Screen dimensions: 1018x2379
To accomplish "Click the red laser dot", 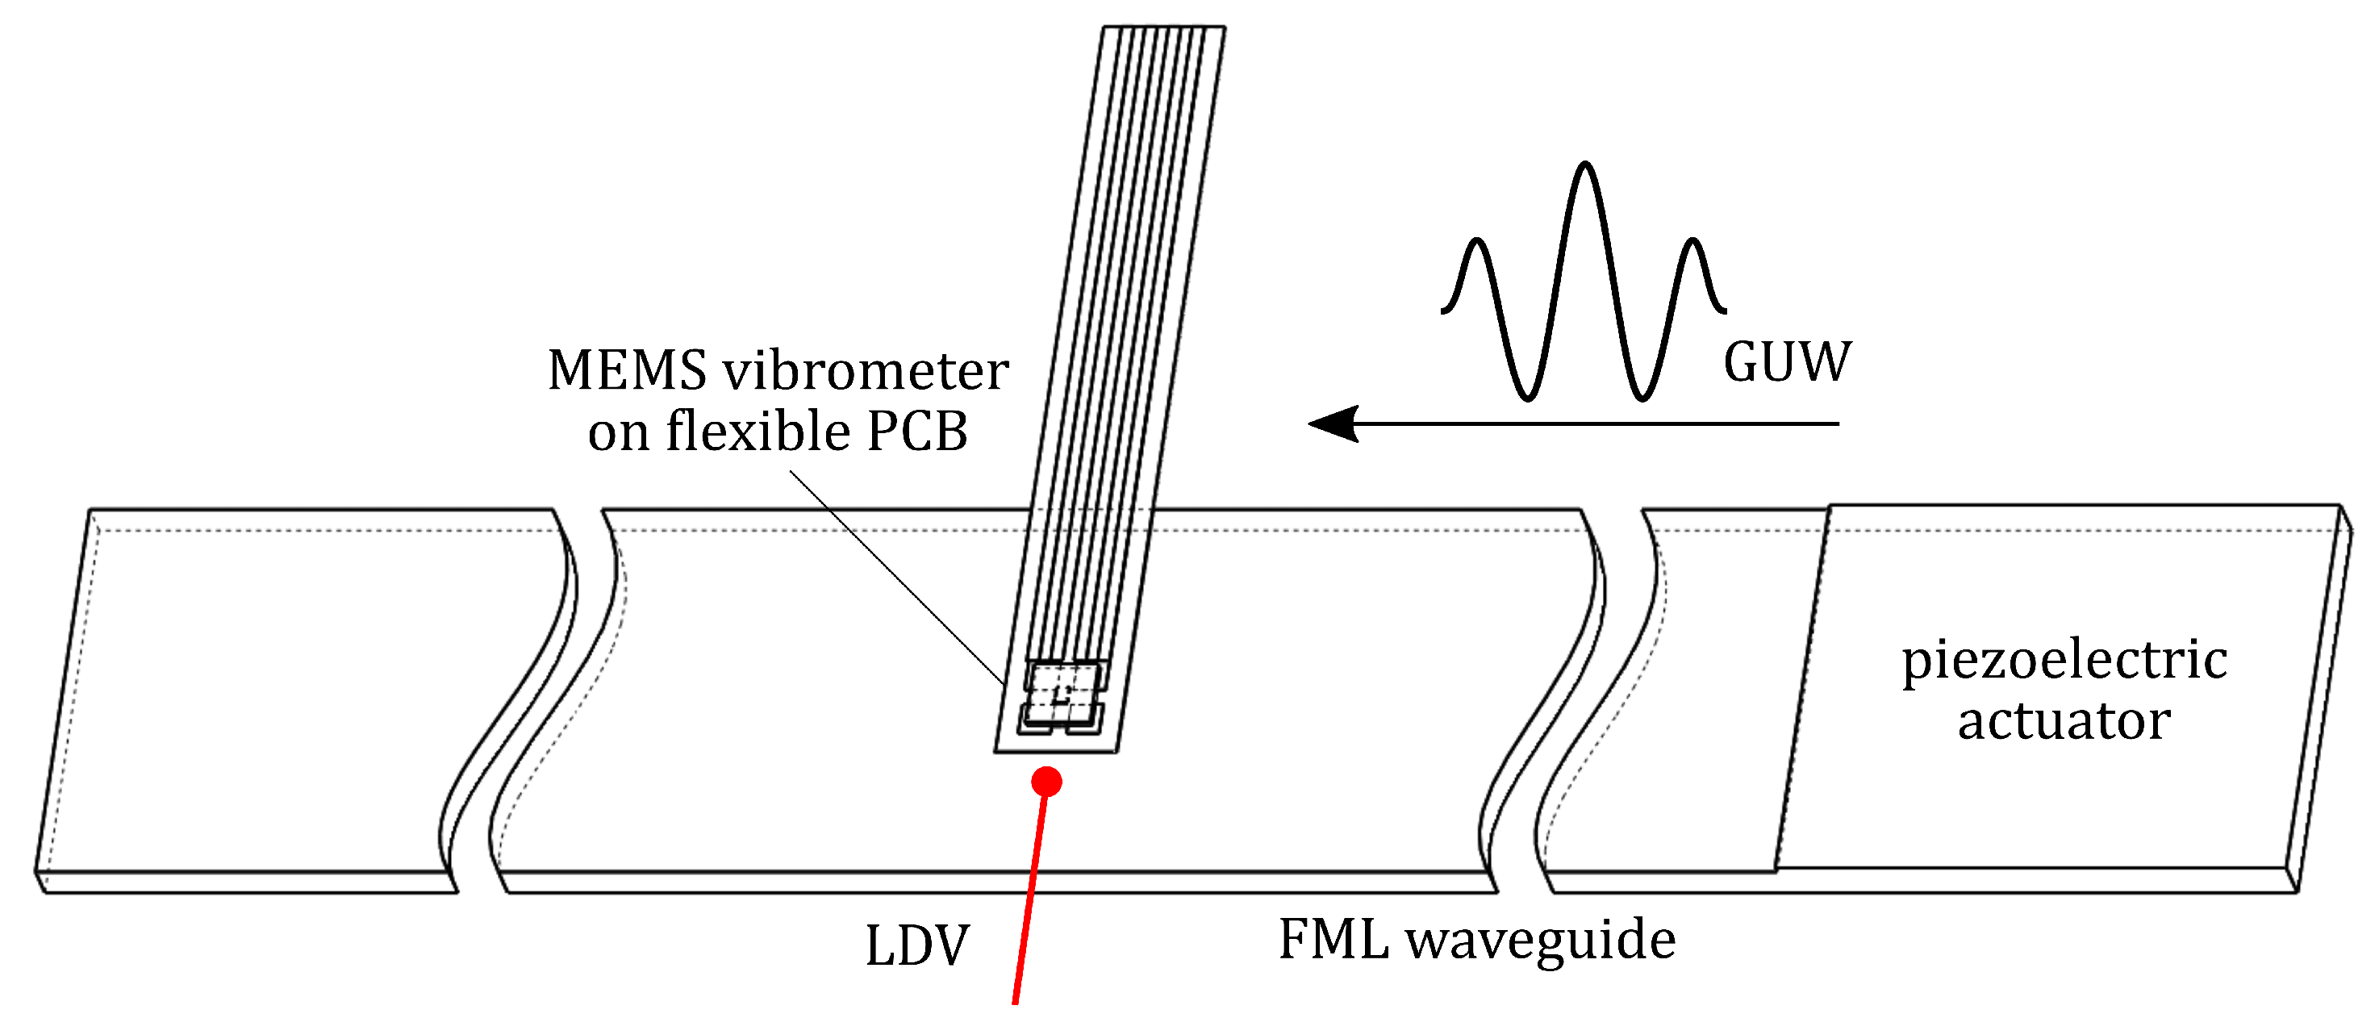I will (x=1046, y=782).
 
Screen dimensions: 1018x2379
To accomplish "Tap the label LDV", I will (x=917, y=946).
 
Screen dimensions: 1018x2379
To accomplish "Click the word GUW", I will (x=1786, y=361).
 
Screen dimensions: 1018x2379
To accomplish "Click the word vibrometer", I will (x=866, y=370).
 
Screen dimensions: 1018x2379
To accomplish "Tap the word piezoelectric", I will (x=2064, y=661).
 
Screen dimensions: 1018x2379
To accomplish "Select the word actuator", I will (x=2064, y=720).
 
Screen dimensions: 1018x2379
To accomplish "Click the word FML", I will (x=1333, y=940).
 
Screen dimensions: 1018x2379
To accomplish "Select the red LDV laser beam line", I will (x=1029, y=896).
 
